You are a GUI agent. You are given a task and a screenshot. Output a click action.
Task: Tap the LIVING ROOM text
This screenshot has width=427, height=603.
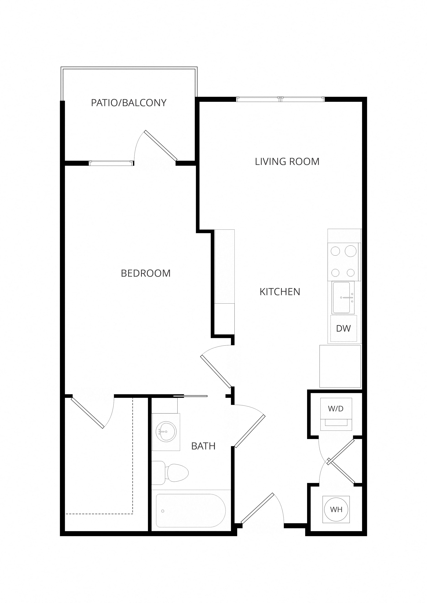[x=287, y=162]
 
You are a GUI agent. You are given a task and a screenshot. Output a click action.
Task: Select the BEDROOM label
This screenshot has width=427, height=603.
[x=146, y=273]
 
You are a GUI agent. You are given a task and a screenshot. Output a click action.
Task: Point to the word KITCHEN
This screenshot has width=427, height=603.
[x=280, y=292]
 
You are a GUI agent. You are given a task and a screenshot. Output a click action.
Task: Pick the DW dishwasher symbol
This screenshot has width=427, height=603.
[x=343, y=328]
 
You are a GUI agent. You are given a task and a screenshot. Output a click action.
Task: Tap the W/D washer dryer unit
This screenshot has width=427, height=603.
[x=336, y=414]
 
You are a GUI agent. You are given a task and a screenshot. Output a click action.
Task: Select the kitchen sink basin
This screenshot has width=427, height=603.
[x=341, y=298]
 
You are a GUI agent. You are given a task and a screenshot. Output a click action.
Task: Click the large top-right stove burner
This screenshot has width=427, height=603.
[x=350, y=251]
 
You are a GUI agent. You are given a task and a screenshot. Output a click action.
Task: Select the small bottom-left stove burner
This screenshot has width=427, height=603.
[x=335, y=273]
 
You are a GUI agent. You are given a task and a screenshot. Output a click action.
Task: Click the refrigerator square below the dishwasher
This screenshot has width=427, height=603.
[x=340, y=366]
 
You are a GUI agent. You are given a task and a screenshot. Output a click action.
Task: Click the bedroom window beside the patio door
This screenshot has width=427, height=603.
[x=111, y=163]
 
